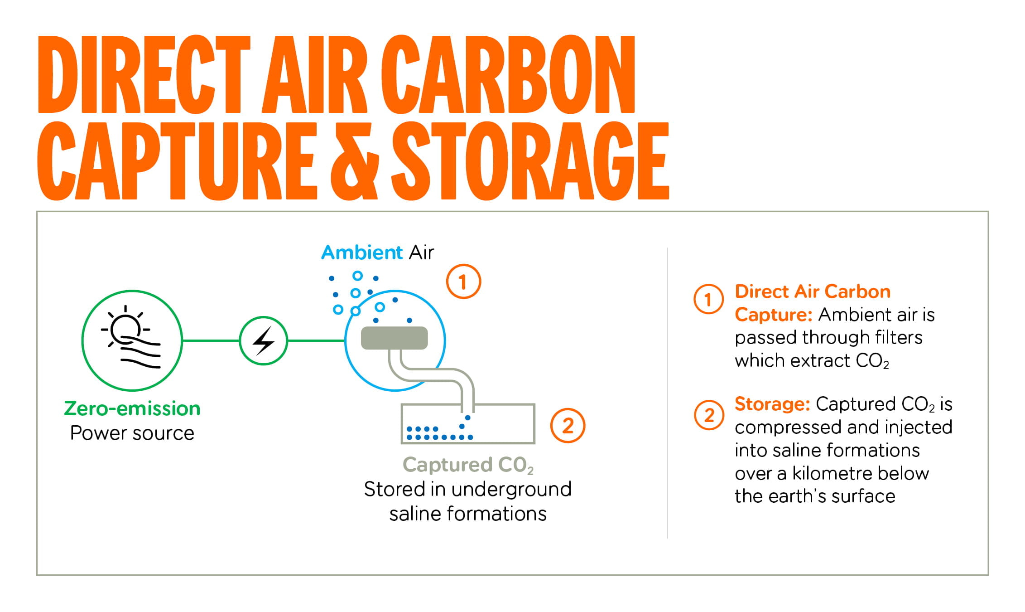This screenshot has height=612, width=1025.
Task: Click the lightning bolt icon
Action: pos(263,340)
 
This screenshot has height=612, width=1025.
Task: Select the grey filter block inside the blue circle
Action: pos(394,338)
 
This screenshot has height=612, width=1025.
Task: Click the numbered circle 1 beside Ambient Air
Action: pos(463,282)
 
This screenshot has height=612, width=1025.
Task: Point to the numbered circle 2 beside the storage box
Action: pos(568,425)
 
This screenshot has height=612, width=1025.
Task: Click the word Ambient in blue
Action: pos(362,252)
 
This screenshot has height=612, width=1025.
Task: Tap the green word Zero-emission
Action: pos(132,408)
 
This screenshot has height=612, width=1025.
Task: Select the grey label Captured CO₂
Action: pos(468,465)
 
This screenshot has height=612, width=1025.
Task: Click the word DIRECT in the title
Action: pos(144,74)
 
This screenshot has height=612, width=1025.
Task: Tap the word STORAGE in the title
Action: pos(530,161)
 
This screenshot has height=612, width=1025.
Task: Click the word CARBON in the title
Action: pos(508,74)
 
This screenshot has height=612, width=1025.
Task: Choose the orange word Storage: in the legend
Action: pos(772,404)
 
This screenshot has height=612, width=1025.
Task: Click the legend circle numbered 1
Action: pos(709,299)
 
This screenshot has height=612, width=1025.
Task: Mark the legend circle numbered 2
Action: pos(709,415)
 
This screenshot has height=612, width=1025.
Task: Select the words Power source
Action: pos(132,433)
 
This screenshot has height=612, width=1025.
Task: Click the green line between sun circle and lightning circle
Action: pos(211,340)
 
